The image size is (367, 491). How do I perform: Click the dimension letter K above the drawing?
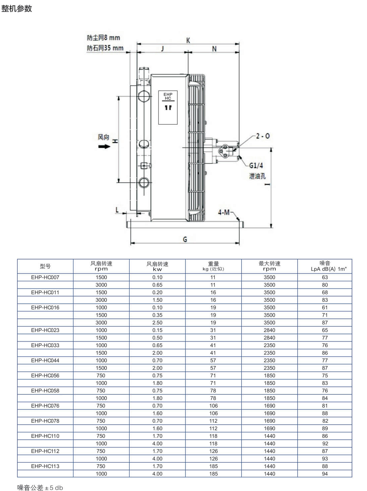pos(188,41)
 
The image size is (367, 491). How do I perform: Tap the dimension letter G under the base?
pos(185,240)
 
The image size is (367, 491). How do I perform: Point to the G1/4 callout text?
pos(256,166)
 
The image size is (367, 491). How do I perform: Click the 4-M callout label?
pos(224,212)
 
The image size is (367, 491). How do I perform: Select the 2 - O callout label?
pos(263,136)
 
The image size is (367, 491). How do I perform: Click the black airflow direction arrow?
pos(104,147)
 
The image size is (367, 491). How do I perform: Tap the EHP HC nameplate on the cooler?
pos(168,107)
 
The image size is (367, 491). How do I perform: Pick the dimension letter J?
pos(163,49)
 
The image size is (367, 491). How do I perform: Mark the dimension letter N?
pos(214,49)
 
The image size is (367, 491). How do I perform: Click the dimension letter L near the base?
pos(117,210)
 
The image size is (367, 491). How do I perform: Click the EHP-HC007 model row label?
pos(45,277)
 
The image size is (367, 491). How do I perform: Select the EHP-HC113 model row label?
pos(45,466)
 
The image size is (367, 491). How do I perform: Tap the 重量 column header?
pos(213,264)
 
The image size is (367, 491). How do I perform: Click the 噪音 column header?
pos(325,263)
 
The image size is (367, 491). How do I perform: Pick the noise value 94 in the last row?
pos(325,474)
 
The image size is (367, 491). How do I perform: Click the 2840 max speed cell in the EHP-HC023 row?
pos(269,330)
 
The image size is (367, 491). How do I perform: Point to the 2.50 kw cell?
pos(157,322)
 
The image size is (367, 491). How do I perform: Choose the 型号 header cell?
pos(45,266)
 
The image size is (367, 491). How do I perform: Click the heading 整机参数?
pos(17,9)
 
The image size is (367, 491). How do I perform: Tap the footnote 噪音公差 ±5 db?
pos(40,488)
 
